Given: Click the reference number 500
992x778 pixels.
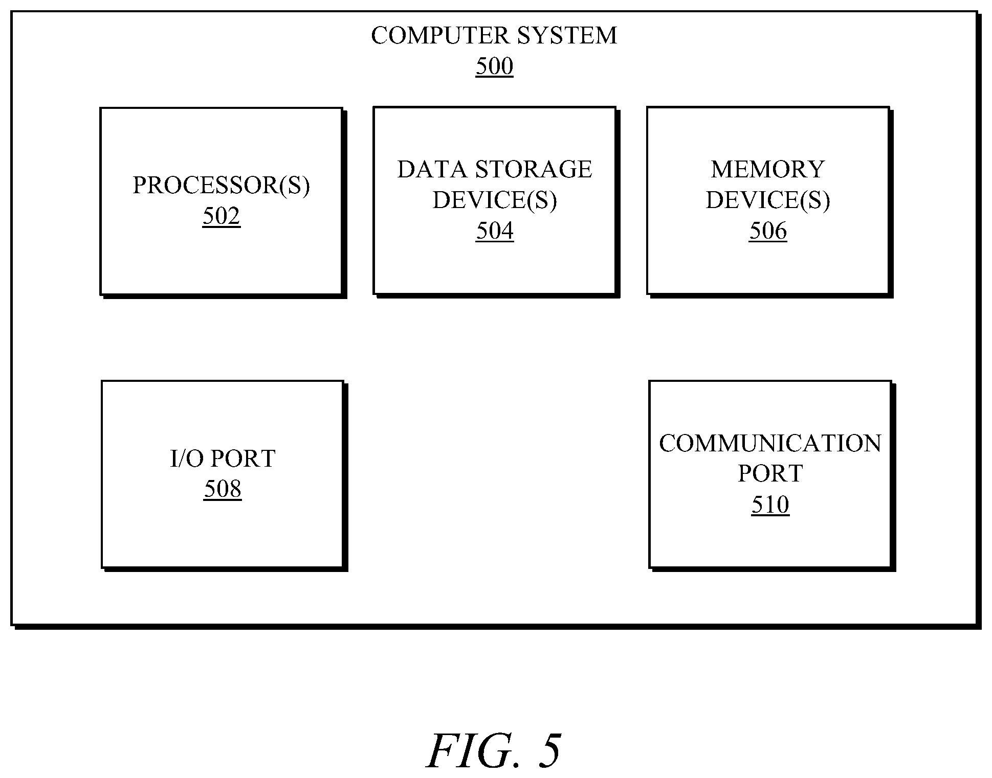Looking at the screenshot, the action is (x=494, y=66).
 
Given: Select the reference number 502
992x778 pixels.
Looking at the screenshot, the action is (x=221, y=216).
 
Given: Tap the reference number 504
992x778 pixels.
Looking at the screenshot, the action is (x=495, y=231).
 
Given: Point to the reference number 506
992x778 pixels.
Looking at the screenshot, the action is (x=768, y=231).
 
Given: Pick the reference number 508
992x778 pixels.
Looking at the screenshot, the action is (x=223, y=489).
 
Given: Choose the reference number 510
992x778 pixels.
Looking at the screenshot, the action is (x=770, y=505).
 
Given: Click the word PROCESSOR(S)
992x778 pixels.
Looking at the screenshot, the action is (x=222, y=186).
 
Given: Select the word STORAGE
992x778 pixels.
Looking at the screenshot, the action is (x=534, y=169).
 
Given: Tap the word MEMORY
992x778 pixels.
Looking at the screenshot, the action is (x=768, y=169).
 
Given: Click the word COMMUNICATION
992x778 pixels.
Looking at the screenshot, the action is (x=770, y=443).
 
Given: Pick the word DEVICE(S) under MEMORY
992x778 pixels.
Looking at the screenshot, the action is (x=768, y=200).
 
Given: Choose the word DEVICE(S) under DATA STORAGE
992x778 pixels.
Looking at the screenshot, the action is (x=495, y=200).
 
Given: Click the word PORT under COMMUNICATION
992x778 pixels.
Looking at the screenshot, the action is (x=770, y=474).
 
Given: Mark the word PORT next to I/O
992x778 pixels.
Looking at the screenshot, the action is (x=244, y=459).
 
